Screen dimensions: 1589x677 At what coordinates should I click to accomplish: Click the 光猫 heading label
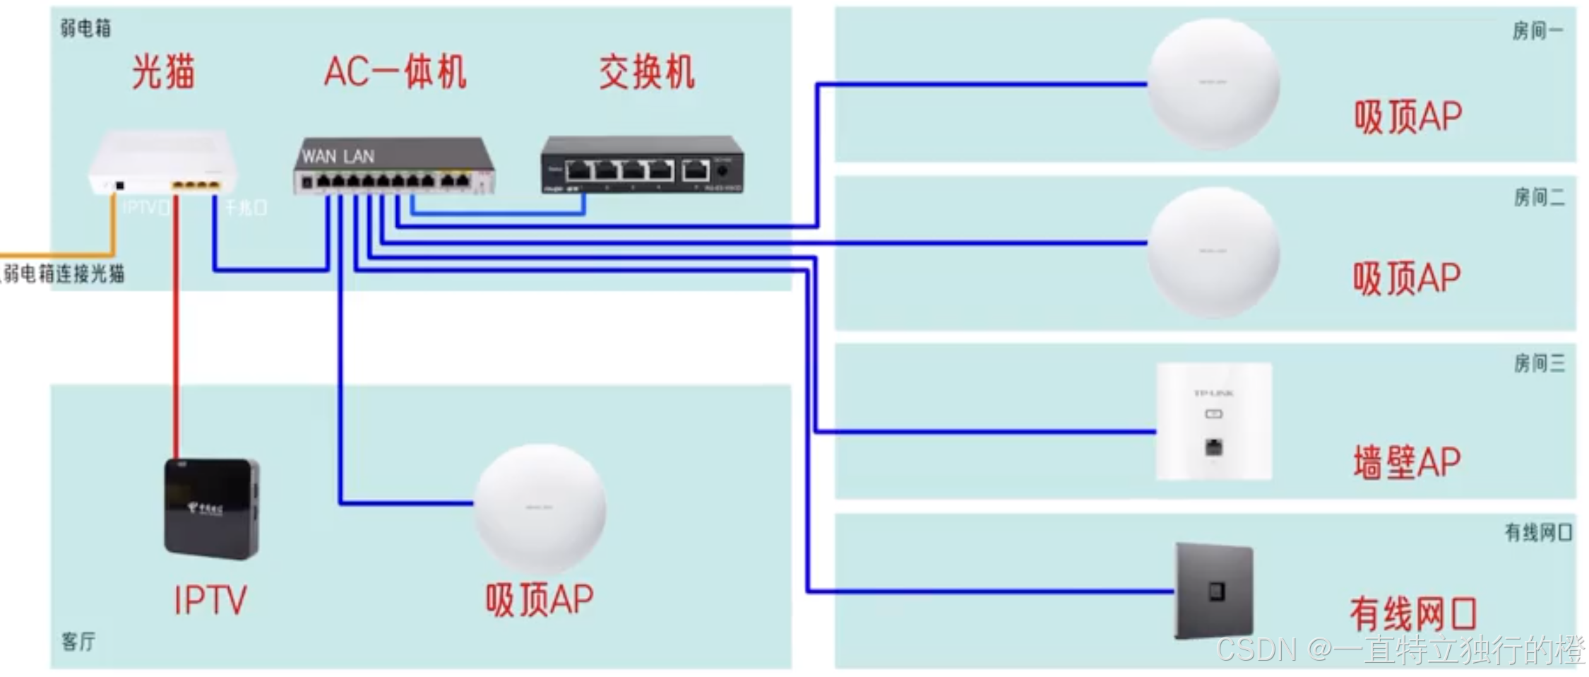pos(163,72)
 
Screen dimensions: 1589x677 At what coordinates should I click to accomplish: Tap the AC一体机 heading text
pos(395,72)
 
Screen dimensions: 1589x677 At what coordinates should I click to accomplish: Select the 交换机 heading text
pos(646,72)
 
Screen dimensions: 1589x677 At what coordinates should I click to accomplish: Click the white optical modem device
pos(162,163)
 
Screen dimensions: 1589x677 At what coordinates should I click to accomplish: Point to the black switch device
pos(641,165)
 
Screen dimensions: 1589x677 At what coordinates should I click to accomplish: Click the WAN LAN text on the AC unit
pos(338,156)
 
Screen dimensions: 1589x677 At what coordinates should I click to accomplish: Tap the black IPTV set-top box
pos(211,509)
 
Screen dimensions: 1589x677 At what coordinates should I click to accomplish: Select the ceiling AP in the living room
pos(539,507)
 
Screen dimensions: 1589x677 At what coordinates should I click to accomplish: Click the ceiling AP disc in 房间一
pos(1213,83)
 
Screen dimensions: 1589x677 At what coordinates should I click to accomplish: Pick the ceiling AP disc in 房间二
pos(1213,252)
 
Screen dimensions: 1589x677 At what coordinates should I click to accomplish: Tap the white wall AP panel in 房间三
pos(1213,421)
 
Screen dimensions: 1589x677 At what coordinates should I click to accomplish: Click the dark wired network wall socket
pos(1213,591)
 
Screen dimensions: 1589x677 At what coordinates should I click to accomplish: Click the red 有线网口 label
pos(1413,613)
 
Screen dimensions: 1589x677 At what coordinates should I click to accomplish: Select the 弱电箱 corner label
pos(85,28)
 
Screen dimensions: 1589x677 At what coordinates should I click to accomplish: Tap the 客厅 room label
pos(78,642)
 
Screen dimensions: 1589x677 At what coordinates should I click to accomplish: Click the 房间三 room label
pos(1539,363)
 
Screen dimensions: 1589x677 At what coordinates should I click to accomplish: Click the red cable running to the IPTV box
pos(177,332)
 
